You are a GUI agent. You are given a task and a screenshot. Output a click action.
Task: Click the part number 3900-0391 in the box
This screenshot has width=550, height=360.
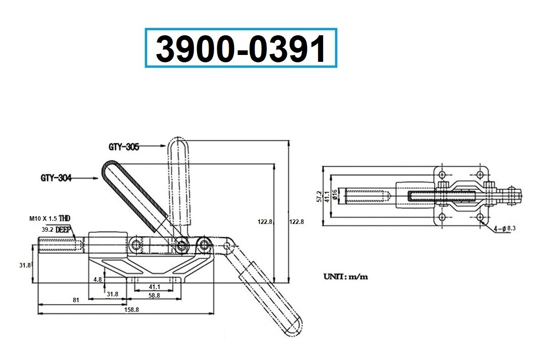[x=241, y=49]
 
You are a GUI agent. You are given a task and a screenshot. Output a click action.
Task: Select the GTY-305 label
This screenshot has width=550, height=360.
[x=124, y=147]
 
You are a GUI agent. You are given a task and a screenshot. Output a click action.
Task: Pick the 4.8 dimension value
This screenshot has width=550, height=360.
[x=98, y=278]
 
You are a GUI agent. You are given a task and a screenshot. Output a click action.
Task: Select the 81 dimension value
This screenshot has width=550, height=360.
[x=76, y=300]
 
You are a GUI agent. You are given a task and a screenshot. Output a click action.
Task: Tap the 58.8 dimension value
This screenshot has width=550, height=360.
[x=155, y=296]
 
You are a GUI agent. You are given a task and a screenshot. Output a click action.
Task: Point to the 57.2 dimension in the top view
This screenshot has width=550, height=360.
[x=320, y=196]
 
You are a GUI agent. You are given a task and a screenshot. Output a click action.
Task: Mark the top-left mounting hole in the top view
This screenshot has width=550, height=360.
[x=442, y=175]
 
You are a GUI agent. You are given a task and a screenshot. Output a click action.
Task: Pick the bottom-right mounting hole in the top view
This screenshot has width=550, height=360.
[x=480, y=217]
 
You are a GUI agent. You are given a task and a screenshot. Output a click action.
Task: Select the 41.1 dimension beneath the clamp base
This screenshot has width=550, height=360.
[x=155, y=287]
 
